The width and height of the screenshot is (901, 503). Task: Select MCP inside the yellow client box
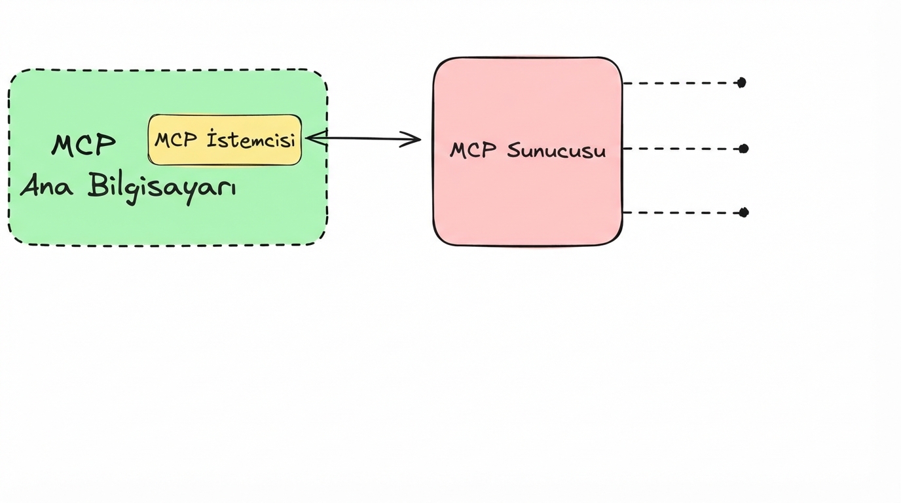[x=176, y=140]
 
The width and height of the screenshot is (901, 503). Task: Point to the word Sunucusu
[x=557, y=151]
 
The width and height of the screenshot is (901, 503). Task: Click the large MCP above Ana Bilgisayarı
[x=84, y=145]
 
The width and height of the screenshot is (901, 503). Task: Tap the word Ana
[x=46, y=186]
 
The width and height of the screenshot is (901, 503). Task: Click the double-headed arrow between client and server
[x=363, y=138]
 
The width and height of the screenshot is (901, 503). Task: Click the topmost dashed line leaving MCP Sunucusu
[x=681, y=83]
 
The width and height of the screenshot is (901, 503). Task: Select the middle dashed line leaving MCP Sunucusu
[x=681, y=149]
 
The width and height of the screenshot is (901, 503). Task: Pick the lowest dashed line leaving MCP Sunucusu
[x=681, y=213]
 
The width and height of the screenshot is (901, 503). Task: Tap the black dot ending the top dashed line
[x=741, y=83]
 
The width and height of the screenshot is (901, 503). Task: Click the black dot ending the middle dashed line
[x=743, y=149]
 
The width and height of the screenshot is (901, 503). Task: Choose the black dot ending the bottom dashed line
[x=743, y=212]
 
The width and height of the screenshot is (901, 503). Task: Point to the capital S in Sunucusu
[x=514, y=151]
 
